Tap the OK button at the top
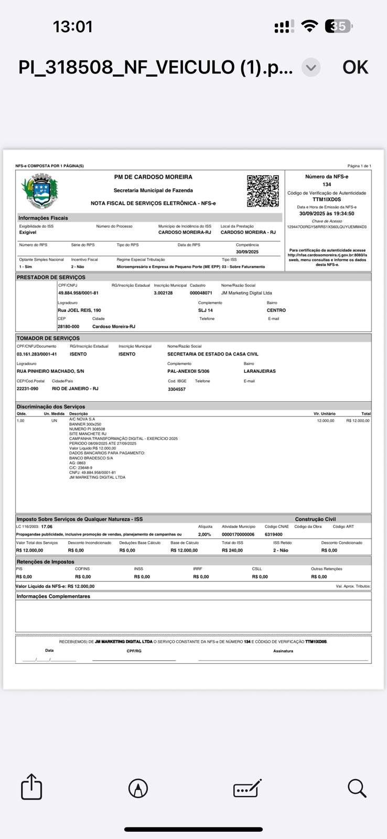(x=355, y=67)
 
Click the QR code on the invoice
(x=263, y=191)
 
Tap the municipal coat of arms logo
(x=39, y=192)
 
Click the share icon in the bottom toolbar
(x=31, y=788)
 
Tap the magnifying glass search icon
(x=357, y=788)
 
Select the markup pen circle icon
(x=138, y=788)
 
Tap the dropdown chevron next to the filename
(x=311, y=67)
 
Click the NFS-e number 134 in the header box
(x=327, y=185)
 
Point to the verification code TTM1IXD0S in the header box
(x=327, y=199)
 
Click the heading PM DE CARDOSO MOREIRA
(x=153, y=177)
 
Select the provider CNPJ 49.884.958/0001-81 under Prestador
(x=78, y=293)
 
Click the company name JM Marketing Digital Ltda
(x=246, y=293)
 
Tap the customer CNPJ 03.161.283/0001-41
(x=37, y=354)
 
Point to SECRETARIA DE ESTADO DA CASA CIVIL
(x=213, y=354)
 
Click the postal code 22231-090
(x=27, y=389)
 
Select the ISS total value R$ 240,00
(x=232, y=551)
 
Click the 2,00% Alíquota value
(x=205, y=534)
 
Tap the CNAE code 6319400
(x=274, y=534)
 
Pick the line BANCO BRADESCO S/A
(x=91, y=458)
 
